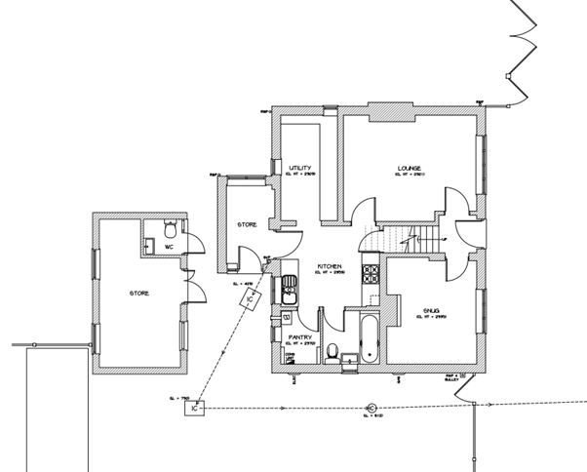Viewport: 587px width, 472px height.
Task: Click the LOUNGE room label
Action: coord(409,167)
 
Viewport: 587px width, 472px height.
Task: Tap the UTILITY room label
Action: coord(299,168)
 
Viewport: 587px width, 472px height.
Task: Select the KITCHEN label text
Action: coord(328,265)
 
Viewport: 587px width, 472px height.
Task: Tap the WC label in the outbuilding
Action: coord(169,247)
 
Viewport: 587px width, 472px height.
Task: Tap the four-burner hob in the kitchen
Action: coord(371,275)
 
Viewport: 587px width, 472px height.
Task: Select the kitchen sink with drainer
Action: coord(289,290)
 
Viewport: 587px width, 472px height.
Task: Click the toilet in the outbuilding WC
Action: coord(170,231)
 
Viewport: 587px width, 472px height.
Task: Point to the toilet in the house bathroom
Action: coord(333,353)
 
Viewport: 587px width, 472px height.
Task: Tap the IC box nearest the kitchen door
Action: coord(249,300)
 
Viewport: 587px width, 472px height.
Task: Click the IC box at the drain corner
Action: coord(195,409)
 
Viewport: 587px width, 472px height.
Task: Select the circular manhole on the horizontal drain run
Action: coord(371,408)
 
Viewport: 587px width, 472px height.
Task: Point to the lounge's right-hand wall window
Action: coord(481,161)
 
